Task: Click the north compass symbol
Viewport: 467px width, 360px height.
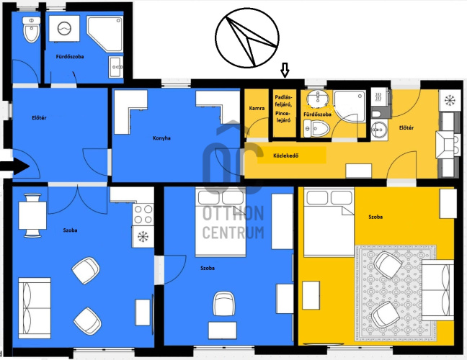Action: tap(247, 37)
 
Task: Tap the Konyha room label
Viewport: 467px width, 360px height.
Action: tap(161, 138)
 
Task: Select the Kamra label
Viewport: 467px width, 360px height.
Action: tap(257, 108)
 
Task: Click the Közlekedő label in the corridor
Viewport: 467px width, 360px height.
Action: tap(286, 156)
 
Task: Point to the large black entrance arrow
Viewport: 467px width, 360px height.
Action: tap(14, 166)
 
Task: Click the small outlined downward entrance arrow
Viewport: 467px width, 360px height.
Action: tap(285, 70)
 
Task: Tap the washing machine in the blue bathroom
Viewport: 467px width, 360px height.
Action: tap(64, 29)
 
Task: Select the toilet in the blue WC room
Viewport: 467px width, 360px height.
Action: tap(31, 30)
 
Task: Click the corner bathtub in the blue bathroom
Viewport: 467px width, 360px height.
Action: tap(104, 35)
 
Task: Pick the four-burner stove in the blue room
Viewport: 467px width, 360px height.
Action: tap(143, 215)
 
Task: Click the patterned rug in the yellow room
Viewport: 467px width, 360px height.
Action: tap(396, 293)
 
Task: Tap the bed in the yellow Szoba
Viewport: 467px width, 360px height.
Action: tap(329, 222)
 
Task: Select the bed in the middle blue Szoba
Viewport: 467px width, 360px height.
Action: tap(221, 222)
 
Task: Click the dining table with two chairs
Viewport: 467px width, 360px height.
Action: tap(32, 215)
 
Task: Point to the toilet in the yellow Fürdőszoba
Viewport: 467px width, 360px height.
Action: tap(316, 129)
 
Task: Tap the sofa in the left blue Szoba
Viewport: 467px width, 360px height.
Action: tap(35, 308)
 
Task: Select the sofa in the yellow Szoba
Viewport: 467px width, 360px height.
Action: tap(438, 290)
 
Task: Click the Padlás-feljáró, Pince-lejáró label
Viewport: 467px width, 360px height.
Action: tap(283, 109)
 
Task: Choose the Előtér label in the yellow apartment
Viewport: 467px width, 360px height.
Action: tap(406, 127)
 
